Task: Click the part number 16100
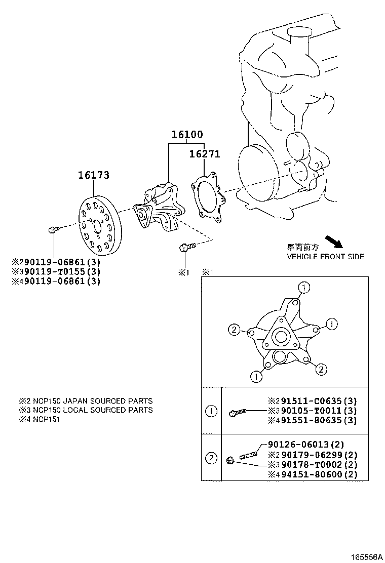click(186, 135)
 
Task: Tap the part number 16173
click(93, 176)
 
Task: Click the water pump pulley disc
click(99, 223)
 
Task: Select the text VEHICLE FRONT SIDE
click(325, 257)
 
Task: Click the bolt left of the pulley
click(53, 230)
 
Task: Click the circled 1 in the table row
click(211, 411)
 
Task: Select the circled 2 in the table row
click(211, 459)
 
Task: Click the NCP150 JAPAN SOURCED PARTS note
click(86, 401)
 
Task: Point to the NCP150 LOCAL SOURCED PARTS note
click(86, 410)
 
